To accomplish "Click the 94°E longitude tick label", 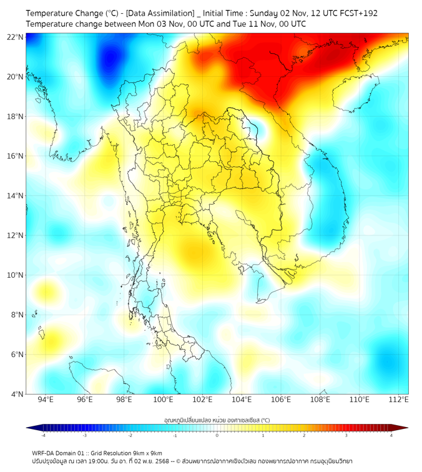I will coord(46,400).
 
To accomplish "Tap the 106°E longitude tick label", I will coord(281,400).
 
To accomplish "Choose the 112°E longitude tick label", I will coord(399,400).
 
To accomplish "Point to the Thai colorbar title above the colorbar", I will coord(217,420).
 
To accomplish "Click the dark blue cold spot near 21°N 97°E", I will coord(111,57).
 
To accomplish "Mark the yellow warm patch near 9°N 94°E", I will coord(46,291).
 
